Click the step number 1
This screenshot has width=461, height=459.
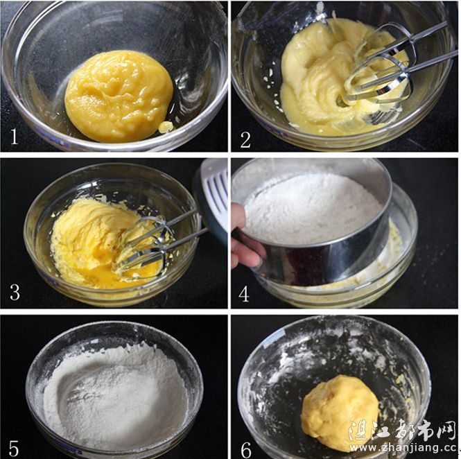(14, 136)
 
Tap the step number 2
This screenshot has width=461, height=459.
(245, 139)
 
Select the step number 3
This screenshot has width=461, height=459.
(15, 292)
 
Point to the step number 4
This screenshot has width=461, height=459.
(244, 293)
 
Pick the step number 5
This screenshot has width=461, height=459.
(14, 448)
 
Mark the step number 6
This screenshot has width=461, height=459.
(246, 450)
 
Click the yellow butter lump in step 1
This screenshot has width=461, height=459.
(119, 96)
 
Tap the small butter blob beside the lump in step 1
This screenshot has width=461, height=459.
(166, 126)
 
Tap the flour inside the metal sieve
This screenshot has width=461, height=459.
(312, 209)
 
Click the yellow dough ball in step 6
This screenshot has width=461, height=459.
(340, 413)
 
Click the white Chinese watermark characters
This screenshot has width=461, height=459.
(403, 430)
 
